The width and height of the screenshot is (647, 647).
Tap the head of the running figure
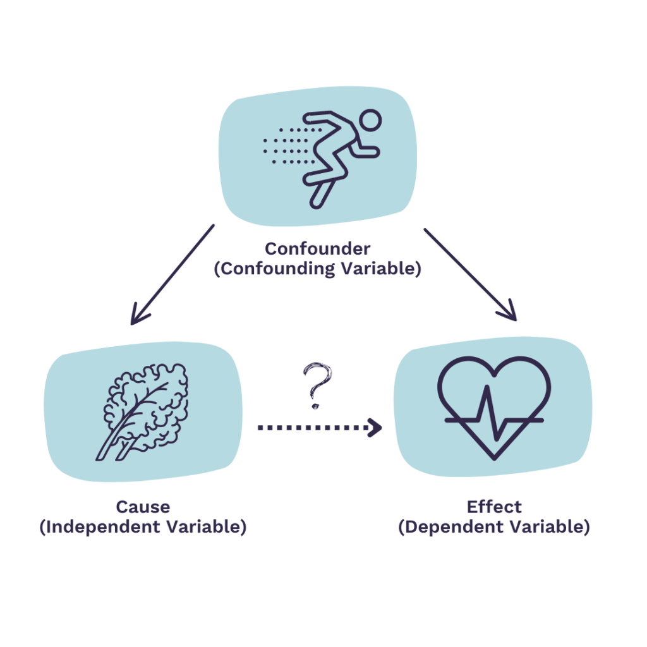370,119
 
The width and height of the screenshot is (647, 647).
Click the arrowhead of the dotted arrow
376,428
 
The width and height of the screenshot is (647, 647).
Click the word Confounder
317,248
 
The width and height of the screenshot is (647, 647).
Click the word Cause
143,507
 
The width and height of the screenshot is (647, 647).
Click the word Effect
494,507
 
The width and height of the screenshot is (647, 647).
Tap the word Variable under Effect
548,527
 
